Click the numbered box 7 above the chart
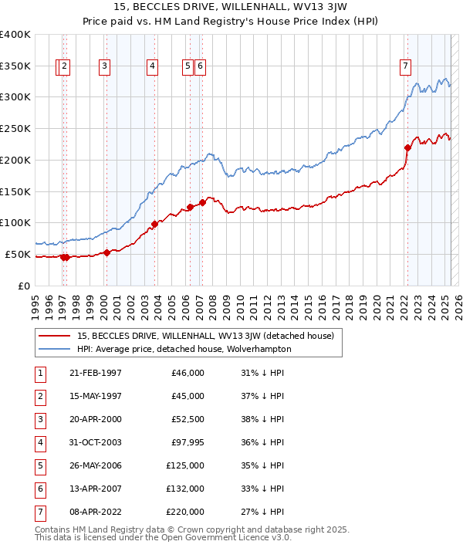point(405,67)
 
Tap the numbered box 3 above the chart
point(104,67)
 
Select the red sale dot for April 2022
point(407,147)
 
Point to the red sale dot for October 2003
point(154,224)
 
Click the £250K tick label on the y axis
point(15,128)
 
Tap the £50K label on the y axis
point(19,254)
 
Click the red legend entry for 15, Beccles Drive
point(204,336)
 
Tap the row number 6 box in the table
point(39,489)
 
